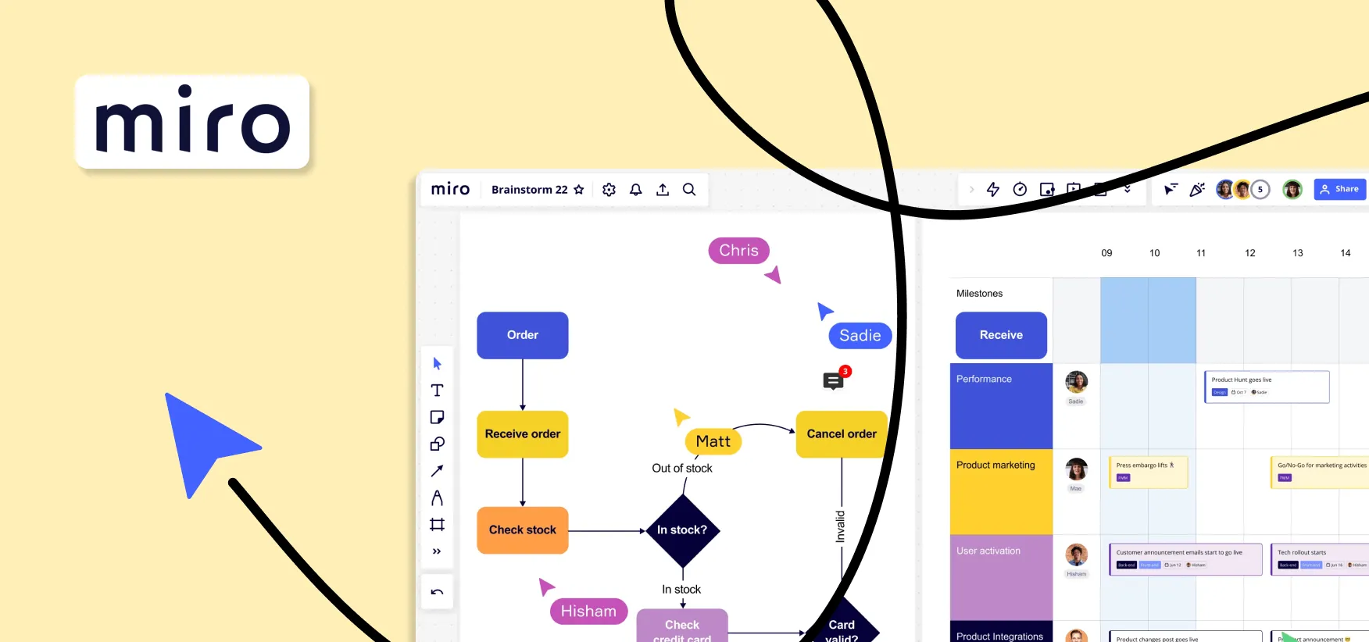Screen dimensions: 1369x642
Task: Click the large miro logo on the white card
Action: (192, 122)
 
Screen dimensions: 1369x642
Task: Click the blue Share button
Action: (1339, 189)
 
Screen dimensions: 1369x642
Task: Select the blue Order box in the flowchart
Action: (523, 335)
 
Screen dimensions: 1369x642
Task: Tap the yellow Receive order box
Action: (523, 434)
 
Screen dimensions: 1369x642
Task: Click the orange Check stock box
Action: (523, 530)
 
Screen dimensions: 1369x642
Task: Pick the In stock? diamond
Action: (682, 530)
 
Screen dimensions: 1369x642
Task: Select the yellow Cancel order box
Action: (841, 434)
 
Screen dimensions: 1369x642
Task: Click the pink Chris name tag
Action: (738, 251)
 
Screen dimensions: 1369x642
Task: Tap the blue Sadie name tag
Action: (860, 336)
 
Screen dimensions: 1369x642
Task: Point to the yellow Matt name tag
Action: (713, 441)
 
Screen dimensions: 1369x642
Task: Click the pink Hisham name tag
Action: (588, 612)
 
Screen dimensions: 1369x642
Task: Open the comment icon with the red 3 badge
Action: (833, 380)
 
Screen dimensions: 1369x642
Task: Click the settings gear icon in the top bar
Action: (609, 190)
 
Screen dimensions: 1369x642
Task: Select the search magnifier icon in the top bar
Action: (689, 190)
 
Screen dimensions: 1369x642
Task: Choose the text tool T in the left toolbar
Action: (437, 391)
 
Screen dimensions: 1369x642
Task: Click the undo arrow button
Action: (437, 592)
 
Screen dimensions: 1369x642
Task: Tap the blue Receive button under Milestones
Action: (1001, 335)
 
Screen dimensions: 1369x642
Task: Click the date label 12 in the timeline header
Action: (1249, 253)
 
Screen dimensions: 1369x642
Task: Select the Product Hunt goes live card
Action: (1266, 387)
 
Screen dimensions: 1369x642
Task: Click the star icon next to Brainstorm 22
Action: (579, 190)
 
